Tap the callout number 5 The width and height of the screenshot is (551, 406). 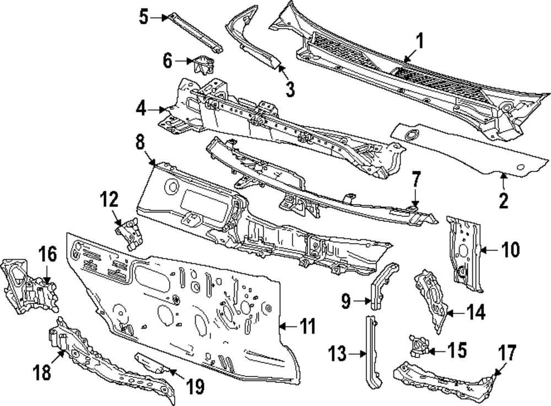click(x=143, y=18)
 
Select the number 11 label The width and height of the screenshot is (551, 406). click(x=308, y=327)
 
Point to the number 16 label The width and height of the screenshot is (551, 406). click(x=47, y=255)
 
